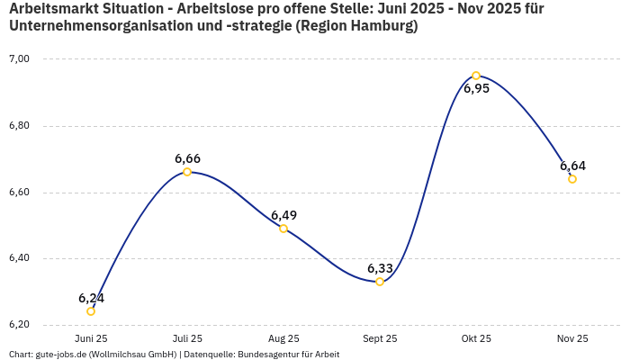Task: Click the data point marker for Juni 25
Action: point(91,311)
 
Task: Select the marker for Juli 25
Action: point(187,172)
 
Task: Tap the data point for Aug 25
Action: point(283,229)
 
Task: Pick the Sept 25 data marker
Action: point(380,282)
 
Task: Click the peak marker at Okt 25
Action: point(476,76)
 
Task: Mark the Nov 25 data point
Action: point(572,179)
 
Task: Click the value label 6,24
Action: point(91,298)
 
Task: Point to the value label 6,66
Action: point(187,158)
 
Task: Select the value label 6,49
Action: point(283,215)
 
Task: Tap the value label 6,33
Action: point(380,268)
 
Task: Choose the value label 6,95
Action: point(476,89)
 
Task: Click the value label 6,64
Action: point(572,166)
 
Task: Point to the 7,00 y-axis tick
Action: point(19,59)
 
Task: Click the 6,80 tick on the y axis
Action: point(19,126)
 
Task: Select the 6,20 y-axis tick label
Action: point(19,325)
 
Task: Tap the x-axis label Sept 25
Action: point(380,338)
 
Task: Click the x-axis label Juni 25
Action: point(91,338)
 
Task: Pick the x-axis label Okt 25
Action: point(476,338)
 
